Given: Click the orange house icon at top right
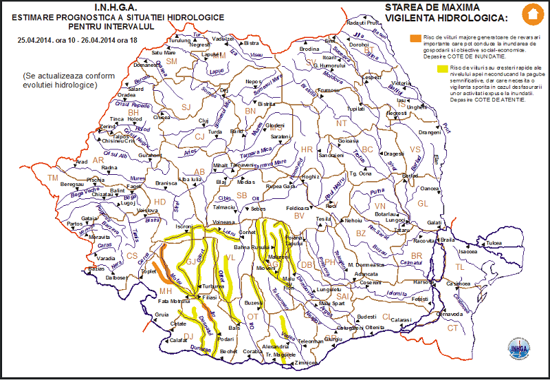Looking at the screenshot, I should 531,13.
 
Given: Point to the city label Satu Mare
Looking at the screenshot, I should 164,52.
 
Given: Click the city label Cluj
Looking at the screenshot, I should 203,120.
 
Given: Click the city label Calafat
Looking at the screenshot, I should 179,339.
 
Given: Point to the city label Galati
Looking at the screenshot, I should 434,222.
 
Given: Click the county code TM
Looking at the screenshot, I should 53,178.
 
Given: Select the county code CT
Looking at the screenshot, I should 452,328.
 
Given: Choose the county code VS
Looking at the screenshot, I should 415,149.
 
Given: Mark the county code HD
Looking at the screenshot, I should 159,202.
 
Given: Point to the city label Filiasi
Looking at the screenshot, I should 209,297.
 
